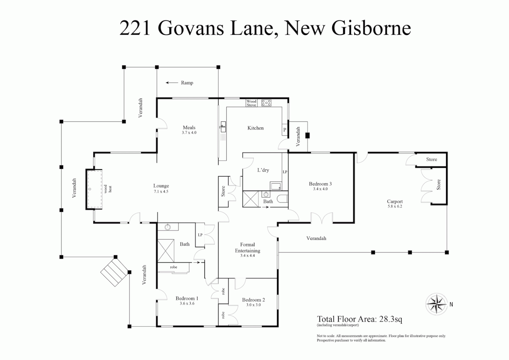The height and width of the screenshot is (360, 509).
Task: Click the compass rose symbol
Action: coord(436,304)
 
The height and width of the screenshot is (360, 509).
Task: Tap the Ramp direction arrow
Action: coord(172,83)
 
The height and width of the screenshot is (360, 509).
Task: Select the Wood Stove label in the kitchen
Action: coord(252,103)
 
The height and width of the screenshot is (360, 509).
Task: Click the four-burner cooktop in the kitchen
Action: coord(266,103)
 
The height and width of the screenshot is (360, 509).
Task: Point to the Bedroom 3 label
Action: coord(320,184)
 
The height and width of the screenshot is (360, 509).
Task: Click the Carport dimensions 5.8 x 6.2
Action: coord(395,206)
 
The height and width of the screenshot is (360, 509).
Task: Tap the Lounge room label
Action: coord(161,186)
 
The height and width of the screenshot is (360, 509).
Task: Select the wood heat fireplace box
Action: coord(94,189)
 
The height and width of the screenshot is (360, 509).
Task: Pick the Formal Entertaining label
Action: coord(248,248)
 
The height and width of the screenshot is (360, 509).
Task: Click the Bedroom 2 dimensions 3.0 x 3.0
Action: coord(254,305)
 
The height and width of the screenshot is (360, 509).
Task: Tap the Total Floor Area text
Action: coord(359,319)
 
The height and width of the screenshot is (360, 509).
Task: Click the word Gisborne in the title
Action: coord(371,28)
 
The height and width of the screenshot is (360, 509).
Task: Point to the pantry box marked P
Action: coord(285,130)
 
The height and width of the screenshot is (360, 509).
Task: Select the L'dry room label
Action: coord(263,170)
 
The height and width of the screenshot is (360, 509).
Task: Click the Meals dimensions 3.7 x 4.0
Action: coord(189,133)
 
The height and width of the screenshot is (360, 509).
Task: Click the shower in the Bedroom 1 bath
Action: coord(166,251)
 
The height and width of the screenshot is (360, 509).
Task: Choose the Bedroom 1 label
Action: coord(187,298)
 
